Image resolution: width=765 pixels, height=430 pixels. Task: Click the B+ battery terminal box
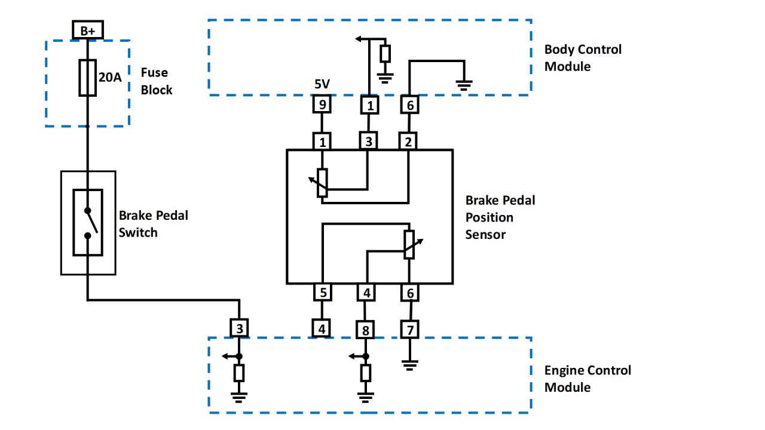pos(87,29)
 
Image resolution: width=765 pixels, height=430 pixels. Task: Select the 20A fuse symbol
pos(87,78)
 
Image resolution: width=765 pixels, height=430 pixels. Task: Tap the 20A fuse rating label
pos(110,77)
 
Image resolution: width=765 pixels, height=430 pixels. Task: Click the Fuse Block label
pos(157,81)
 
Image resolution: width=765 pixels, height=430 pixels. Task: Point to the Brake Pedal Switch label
pos(153,224)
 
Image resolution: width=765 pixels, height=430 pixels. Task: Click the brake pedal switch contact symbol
pos(88,222)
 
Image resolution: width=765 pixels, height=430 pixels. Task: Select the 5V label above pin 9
pos(322,85)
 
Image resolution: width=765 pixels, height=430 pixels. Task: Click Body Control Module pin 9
pos(322,106)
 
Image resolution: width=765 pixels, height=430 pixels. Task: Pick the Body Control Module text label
pos(583,58)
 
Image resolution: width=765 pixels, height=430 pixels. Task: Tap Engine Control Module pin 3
pos(239,328)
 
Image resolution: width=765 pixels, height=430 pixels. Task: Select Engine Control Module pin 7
pos(409,329)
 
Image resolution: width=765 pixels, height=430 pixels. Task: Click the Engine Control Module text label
pos(587,379)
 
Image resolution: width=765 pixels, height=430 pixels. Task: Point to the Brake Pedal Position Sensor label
pos(500,217)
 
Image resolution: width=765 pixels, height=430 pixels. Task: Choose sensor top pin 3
pos(368,142)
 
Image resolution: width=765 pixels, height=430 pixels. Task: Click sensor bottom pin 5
pos(322,293)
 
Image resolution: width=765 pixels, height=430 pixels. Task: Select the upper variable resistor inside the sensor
pos(322,182)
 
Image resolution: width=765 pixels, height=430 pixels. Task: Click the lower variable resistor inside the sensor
pos(409,244)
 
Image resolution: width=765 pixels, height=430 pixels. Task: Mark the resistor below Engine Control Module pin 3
pos(239,373)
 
